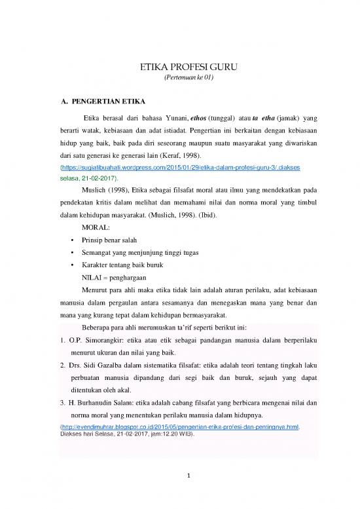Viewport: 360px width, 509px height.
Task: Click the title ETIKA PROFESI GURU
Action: (179, 67)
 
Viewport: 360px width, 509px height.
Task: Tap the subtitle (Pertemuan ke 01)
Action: (179, 78)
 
